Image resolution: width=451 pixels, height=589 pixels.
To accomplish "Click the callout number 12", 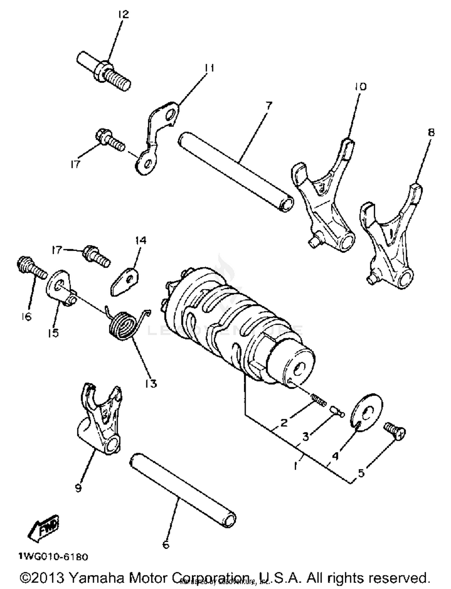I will click(123, 14).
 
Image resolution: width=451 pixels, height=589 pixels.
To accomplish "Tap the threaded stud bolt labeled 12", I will click(104, 71).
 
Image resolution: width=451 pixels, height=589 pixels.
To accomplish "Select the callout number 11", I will click(209, 68).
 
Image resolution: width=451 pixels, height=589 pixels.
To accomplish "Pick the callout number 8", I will click(431, 132).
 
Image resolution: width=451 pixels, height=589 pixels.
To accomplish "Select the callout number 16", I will click(26, 316).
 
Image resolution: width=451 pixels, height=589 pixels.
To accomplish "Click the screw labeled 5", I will click(395, 431).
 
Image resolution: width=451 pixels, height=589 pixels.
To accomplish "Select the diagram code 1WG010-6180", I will click(53, 557).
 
